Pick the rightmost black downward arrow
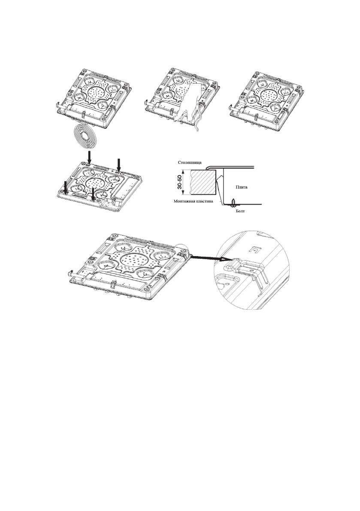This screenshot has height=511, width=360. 119,164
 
